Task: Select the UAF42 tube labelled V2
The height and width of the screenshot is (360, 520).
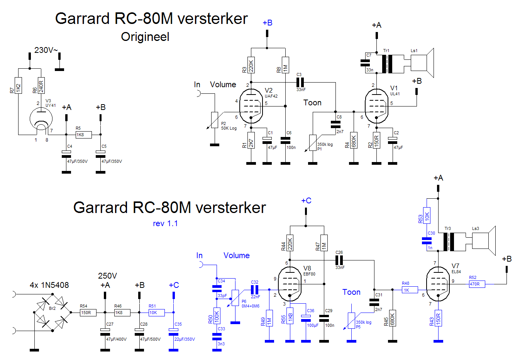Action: [x=251, y=106]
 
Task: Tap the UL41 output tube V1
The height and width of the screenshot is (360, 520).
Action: [x=376, y=106]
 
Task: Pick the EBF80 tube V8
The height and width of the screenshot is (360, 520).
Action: [x=290, y=284]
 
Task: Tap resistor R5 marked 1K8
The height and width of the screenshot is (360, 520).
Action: [x=83, y=135]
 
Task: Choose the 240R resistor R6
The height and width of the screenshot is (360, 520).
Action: [x=41, y=85]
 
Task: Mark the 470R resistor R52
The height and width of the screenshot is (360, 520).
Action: [x=477, y=284]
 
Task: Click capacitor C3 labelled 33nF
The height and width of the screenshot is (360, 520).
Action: [x=300, y=82]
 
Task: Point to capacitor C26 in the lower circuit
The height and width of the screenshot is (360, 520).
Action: [x=339, y=260]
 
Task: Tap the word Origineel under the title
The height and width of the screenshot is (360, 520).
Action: [x=145, y=37]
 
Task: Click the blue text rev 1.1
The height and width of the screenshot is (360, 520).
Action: [x=165, y=223]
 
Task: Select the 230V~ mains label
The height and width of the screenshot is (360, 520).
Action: [x=46, y=50]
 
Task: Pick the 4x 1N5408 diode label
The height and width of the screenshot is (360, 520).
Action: [x=49, y=285]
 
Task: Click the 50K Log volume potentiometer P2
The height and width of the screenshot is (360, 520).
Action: [x=215, y=120]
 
